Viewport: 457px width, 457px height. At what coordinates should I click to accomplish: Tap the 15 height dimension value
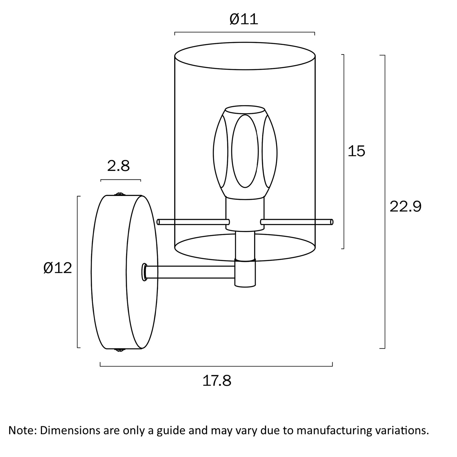(x=356, y=151)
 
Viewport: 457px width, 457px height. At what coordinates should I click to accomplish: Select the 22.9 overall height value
(x=406, y=207)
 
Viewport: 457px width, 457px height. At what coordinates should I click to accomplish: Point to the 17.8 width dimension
(x=217, y=381)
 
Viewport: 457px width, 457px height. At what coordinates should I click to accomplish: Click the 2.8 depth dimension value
(x=119, y=166)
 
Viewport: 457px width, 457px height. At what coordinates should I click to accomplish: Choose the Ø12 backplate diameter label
(x=58, y=268)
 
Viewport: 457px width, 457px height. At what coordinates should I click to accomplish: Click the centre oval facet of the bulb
(x=245, y=151)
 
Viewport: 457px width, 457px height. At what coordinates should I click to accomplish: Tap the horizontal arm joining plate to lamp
(x=190, y=272)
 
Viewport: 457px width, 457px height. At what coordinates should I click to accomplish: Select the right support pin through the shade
(x=297, y=222)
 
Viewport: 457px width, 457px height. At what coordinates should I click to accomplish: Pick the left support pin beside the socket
(x=193, y=222)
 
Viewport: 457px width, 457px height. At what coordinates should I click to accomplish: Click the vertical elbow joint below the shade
(x=245, y=273)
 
